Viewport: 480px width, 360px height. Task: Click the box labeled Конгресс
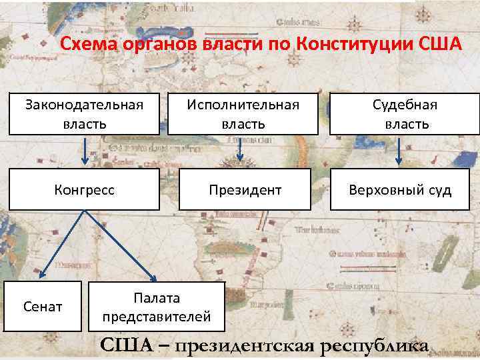tap(84, 190)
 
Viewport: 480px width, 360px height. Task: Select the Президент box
tap(245, 190)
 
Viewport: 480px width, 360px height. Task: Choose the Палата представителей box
tap(157, 306)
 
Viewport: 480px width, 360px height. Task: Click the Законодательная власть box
tap(84, 114)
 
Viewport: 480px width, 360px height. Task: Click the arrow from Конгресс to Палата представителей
tap(120, 243)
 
